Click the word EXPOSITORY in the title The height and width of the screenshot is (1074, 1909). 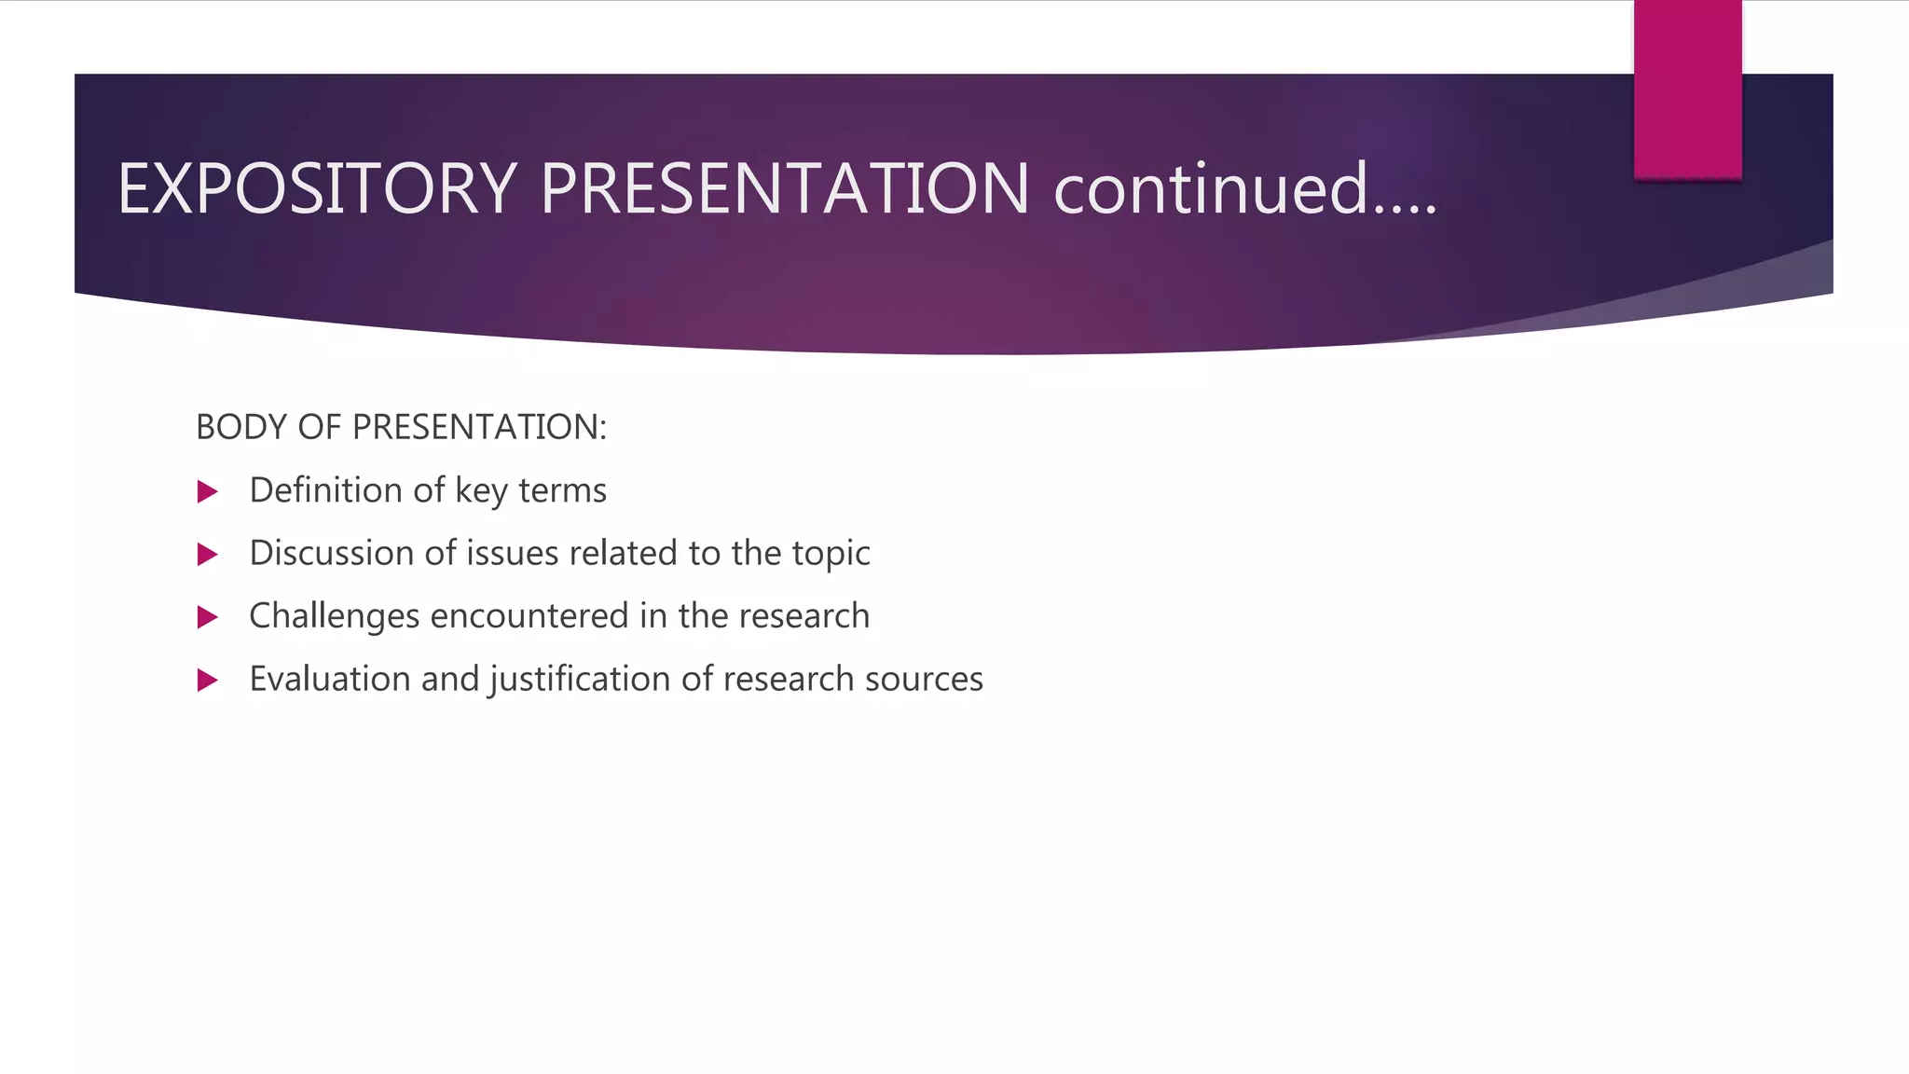pos(317,189)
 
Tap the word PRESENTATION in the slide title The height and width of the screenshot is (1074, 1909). pos(784,189)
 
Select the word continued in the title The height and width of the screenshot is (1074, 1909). pos(1211,189)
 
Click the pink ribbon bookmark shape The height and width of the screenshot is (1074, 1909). pos(1687,89)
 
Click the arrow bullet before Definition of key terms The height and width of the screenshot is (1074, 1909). pos(208,492)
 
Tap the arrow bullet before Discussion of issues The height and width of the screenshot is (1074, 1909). pos(208,555)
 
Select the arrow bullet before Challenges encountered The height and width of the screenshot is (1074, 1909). pos(208,617)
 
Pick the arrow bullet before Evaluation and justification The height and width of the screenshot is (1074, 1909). pos(208,681)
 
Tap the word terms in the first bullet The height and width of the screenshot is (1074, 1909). pos(562,490)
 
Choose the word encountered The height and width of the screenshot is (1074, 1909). pos(529,616)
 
